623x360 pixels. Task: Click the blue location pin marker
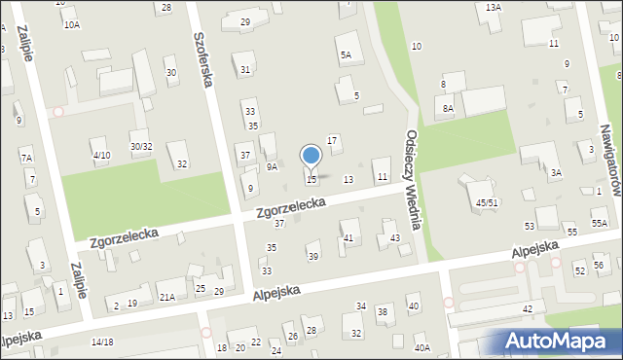pyautogui.click(x=311, y=157)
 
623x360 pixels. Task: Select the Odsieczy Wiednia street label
pyautogui.click(x=413, y=179)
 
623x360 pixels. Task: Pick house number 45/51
pyautogui.click(x=488, y=202)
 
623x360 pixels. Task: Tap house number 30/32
pyautogui.click(x=141, y=147)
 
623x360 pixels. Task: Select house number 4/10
pyautogui.click(x=101, y=156)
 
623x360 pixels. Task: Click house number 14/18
pyautogui.click(x=102, y=342)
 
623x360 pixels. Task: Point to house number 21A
pyautogui.click(x=167, y=297)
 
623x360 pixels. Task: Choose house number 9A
pyautogui.click(x=273, y=166)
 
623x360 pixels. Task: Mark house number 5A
pyautogui.click(x=346, y=55)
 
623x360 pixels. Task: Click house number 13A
pyautogui.click(x=494, y=7)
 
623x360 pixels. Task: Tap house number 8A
pyautogui.click(x=448, y=109)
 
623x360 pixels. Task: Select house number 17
pyautogui.click(x=332, y=141)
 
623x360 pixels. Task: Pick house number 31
pyautogui.click(x=245, y=69)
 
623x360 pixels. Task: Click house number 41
pyautogui.click(x=348, y=238)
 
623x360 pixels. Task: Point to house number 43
pyautogui.click(x=394, y=238)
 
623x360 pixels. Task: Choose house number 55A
pyautogui.click(x=599, y=224)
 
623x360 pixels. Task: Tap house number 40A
pyautogui.click(x=421, y=347)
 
